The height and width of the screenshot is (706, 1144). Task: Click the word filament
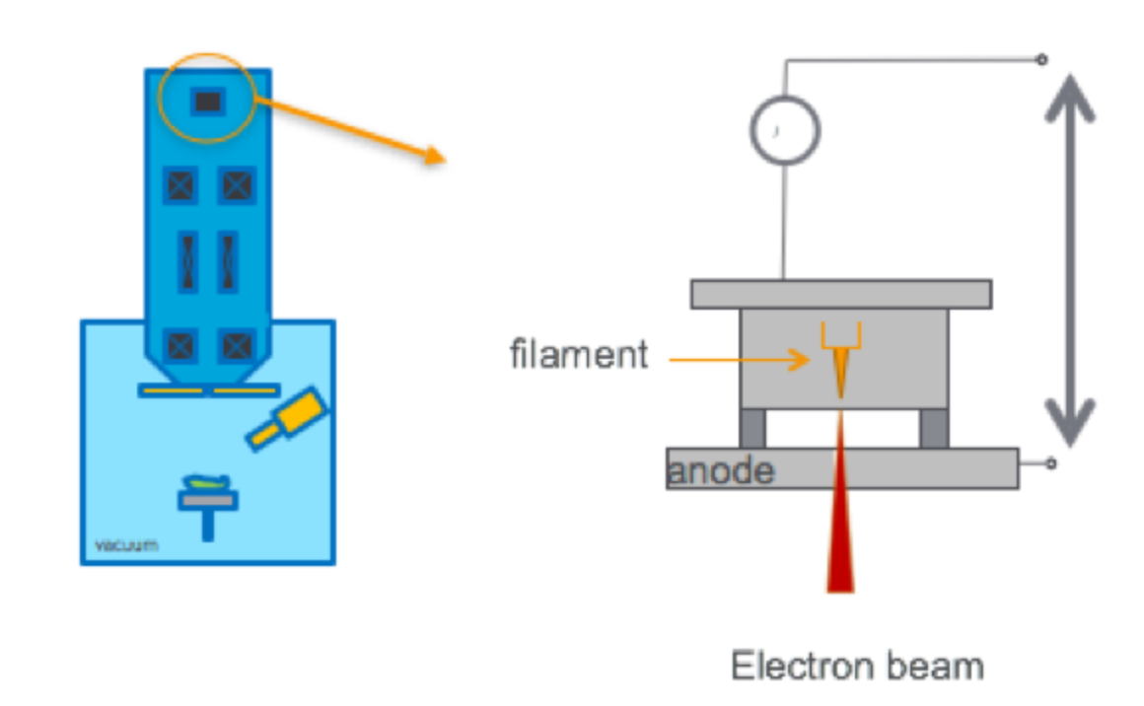[579, 353]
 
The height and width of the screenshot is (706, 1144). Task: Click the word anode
[721, 470]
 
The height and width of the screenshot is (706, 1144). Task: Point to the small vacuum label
[125, 544]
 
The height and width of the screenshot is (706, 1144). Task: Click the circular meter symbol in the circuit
[785, 130]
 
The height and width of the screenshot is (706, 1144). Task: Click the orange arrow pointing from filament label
[740, 359]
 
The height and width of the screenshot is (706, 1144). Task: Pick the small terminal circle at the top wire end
[1041, 60]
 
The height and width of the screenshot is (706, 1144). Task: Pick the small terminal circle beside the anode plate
[1051, 463]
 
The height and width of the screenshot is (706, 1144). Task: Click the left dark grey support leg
[751, 427]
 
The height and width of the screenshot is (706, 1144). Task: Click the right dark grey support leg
[933, 427]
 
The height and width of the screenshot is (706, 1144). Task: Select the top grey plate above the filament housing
[840, 294]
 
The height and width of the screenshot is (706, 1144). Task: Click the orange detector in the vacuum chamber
[287, 419]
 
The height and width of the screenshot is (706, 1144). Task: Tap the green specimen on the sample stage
[208, 483]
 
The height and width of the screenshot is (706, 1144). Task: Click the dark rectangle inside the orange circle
[208, 101]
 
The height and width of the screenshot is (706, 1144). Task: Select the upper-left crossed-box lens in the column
[180, 185]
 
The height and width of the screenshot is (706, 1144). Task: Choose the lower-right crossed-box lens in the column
[237, 346]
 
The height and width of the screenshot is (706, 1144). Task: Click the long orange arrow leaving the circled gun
[350, 127]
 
